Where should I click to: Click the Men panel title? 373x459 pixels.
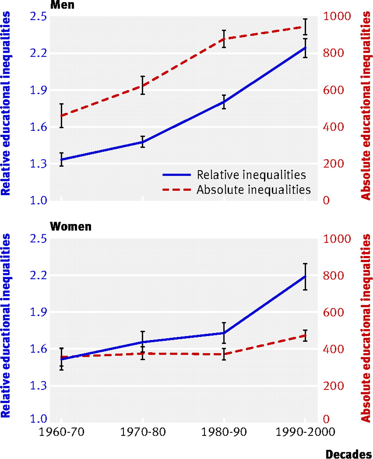[62, 5]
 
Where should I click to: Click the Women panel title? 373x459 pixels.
[71, 227]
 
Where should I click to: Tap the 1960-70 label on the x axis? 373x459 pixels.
[61, 432]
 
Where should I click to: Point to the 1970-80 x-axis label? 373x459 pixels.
[143, 432]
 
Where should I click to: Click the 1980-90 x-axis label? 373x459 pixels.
[224, 432]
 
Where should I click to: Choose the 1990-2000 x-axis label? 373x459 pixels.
[305, 432]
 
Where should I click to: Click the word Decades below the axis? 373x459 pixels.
[348, 454]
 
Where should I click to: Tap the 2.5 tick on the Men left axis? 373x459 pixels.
[38, 16]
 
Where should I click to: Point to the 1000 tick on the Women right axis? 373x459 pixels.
[337, 239]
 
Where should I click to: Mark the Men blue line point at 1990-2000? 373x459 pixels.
[305, 48]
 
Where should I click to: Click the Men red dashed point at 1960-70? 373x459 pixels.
[61, 116]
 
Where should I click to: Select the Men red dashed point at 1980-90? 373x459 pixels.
[224, 39]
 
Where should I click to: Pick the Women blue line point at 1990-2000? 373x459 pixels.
[305, 276]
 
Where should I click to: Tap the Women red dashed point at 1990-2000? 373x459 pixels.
[305, 335]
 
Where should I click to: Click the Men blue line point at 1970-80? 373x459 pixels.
[143, 142]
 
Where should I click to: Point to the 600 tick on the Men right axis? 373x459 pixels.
[333, 90]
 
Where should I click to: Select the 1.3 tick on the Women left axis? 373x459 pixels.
[38, 386]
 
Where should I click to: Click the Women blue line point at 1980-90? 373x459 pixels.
[224, 333]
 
